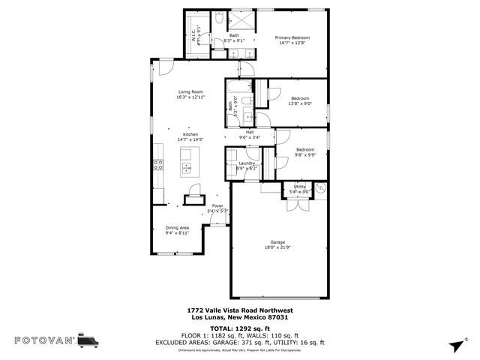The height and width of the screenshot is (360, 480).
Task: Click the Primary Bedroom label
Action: pos(292,37)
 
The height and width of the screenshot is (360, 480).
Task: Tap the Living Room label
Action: pos(190,91)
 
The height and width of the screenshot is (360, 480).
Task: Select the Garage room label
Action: pos(277,241)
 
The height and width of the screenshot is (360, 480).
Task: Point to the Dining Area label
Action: pos(177,227)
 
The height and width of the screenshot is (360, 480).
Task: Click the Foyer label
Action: pos(217,205)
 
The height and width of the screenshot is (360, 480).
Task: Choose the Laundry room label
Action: pos(247,163)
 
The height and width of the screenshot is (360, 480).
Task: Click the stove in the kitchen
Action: pos(158,165)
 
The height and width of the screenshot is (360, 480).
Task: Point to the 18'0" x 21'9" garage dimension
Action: pos(277,247)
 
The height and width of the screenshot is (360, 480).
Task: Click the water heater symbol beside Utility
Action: pos(320,190)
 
